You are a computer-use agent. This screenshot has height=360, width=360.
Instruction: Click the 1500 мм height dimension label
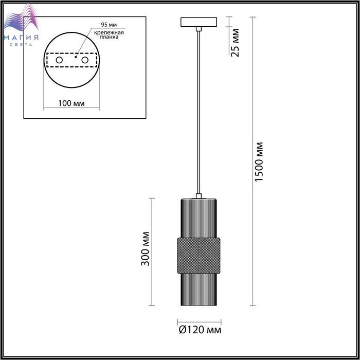[259, 162]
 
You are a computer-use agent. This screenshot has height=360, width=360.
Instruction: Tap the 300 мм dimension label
[145, 249]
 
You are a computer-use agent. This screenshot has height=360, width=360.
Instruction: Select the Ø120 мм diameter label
[200, 330]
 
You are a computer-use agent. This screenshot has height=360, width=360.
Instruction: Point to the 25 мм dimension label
[235, 43]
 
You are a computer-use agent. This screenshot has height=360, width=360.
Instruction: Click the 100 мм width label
[71, 103]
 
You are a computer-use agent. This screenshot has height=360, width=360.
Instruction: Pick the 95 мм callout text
[109, 25]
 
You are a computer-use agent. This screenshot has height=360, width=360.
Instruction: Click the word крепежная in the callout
[109, 32]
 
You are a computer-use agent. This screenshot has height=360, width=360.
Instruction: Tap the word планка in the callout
[109, 37]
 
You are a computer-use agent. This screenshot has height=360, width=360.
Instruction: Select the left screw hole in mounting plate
[59, 60]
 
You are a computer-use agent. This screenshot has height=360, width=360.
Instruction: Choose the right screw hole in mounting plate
[85, 60]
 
